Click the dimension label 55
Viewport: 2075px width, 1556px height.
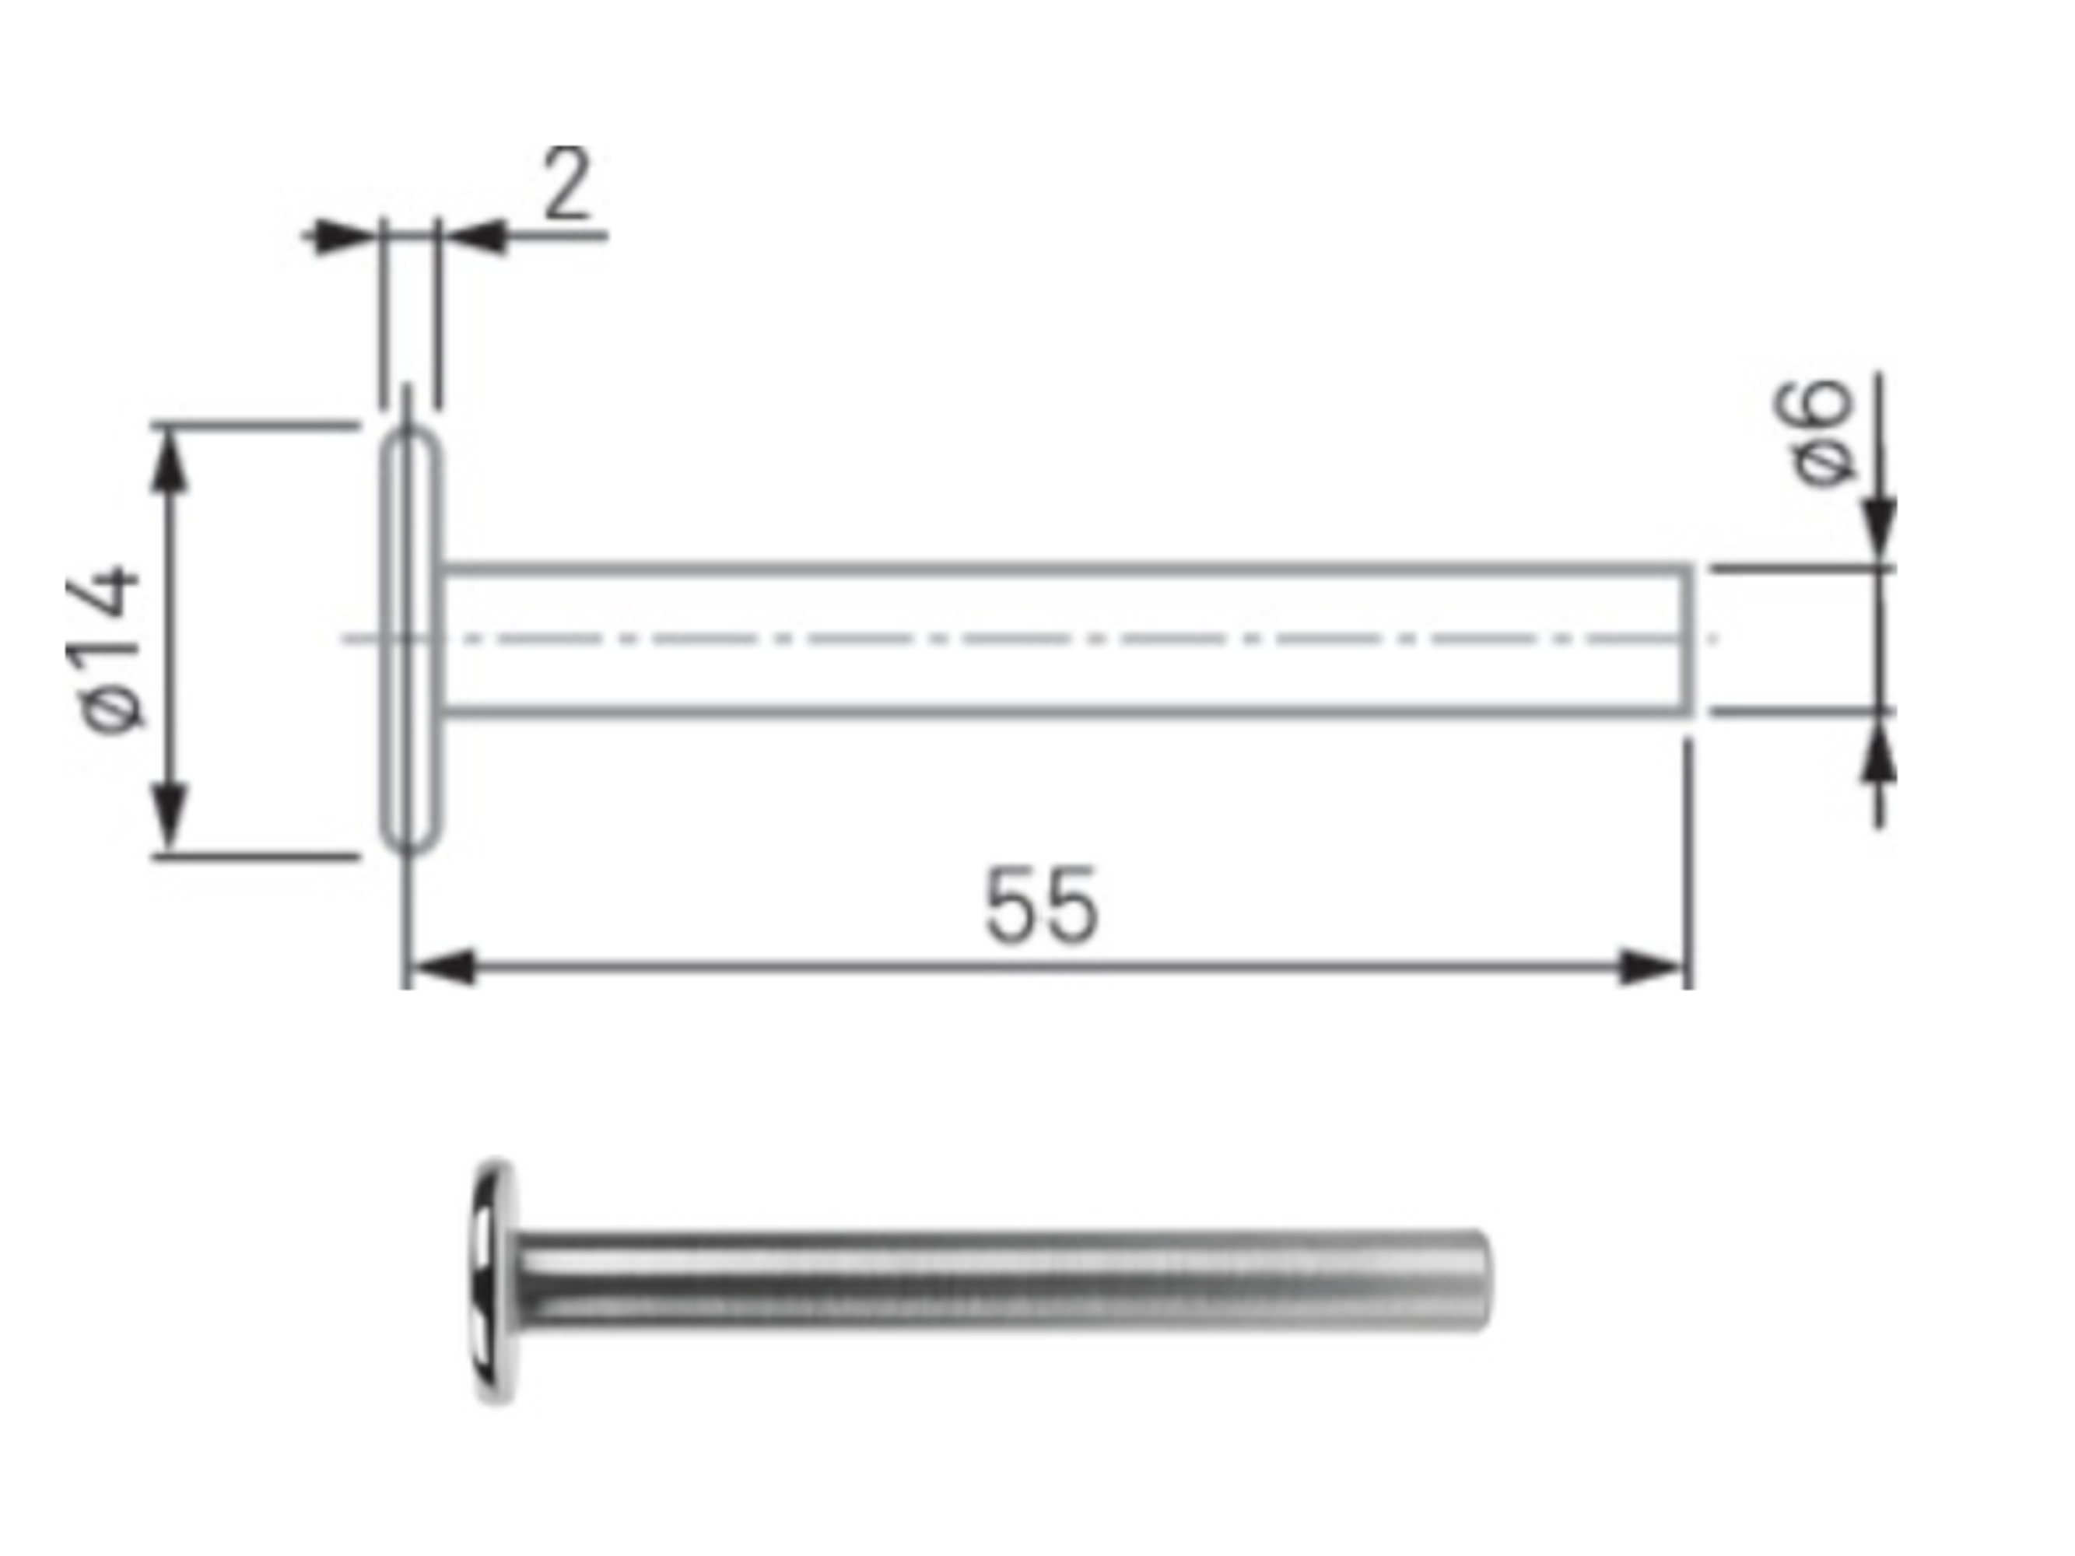[x=1041, y=906]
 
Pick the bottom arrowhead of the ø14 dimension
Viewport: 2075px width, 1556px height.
[x=169, y=816]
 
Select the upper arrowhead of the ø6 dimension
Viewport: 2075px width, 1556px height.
[x=1879, y=531]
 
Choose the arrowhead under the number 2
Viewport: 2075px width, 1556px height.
[x=475, y=237]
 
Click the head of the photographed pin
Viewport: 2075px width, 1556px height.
[x=494, y=1281]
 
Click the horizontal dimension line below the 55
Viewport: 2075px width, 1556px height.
[x=1041, y=966]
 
